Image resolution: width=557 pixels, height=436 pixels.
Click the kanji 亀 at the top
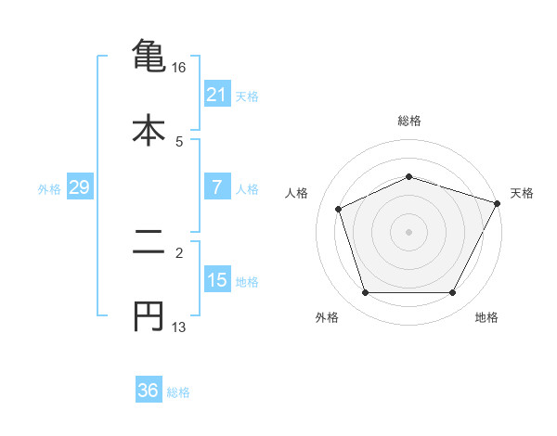coord(148,55)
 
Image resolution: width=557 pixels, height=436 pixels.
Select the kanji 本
coord(148,129)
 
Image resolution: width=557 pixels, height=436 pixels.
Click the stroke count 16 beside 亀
coord(179,68)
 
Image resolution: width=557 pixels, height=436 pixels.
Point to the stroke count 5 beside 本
coord(179,142)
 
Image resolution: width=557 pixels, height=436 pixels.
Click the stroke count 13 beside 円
coord(179,328)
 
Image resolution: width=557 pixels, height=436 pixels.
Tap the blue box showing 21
coord(216,95)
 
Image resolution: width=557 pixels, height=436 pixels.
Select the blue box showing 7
coord(216,187)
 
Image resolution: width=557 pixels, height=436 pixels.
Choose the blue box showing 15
coord(216,280)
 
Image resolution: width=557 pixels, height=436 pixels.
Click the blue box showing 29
coord(79,188)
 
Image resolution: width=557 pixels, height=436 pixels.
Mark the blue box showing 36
coord(148,391)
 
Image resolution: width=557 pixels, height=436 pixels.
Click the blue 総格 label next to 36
coord(178,392)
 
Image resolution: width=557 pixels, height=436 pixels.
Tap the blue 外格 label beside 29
coord(49,189)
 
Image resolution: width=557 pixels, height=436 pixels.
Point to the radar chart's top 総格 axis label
coord(408,121)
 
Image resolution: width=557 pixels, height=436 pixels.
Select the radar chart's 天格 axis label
coord(522,193)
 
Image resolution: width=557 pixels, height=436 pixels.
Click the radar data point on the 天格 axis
coord(499,202)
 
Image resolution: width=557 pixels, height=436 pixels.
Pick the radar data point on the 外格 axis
coord(365,293)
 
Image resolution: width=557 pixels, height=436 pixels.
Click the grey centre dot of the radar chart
coord(408,231)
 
